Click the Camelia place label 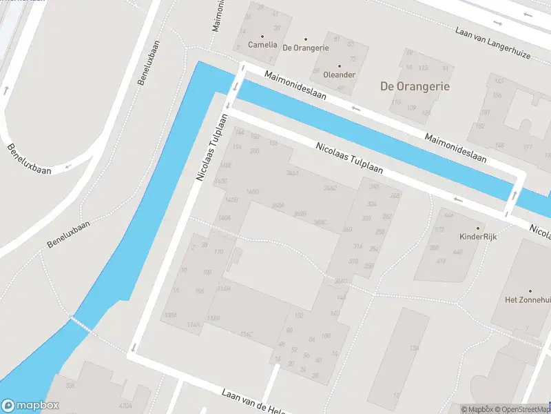click(x=262, y=46)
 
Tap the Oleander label click(x=339, y=75)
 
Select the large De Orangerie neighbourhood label click(x=415, y=87)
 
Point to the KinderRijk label click(x=478, y=236)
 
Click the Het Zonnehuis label click(x=529, y=299)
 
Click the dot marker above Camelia click(x=262, y=36)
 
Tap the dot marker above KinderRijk click(x=478, y=227)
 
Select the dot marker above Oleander click(x=339, y=66)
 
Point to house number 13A click(x=415, y=349)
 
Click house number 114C click(x=247, y=335)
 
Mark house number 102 click(x=299, y=315)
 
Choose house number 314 click(x=357, y=246)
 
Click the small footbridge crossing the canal click(x=80, y=325)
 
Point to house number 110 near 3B click(x=219, y=252)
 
